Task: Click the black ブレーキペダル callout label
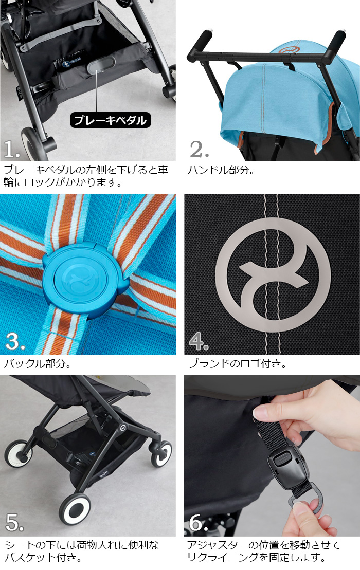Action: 110,120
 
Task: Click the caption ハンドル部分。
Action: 222,169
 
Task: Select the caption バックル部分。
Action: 38,364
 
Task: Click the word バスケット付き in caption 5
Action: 43,557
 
